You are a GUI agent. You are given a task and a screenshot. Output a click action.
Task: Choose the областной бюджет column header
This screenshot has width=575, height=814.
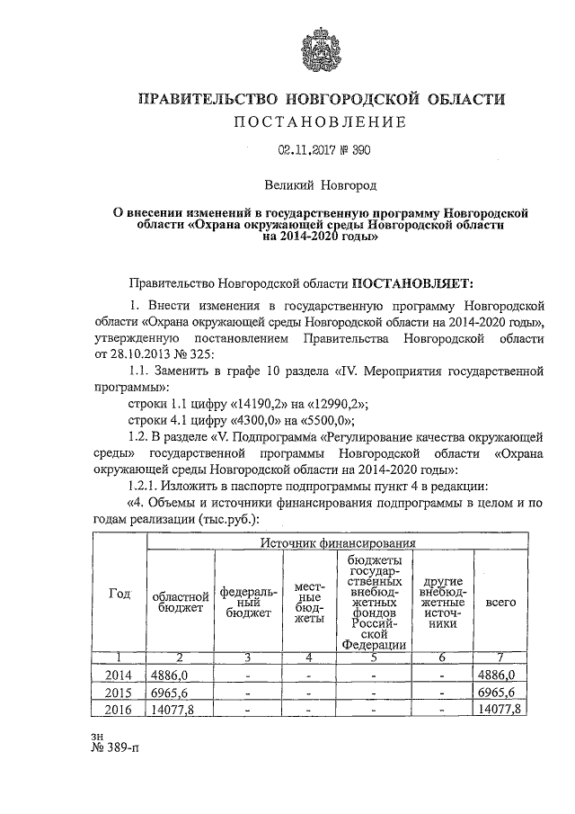pyautogui.click(x=180, y=602)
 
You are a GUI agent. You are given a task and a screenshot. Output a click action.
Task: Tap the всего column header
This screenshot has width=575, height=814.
pyautogui.click(x=500, y=602)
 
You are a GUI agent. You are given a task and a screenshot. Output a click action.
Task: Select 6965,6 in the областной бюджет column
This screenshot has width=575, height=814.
pyautogui.click(x=171, y=693)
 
